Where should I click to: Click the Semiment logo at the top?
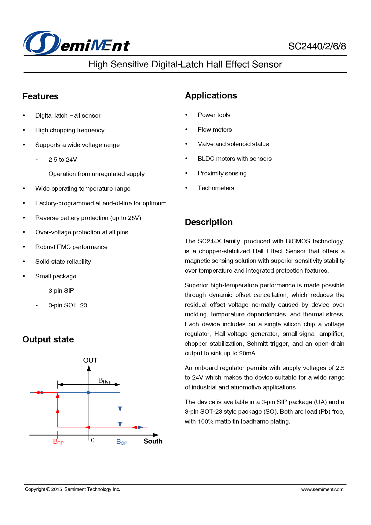pyautogui.click(x=77, y=43)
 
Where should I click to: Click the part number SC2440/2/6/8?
pyautogui.click(x=317, y=46)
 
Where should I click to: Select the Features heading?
pyautogui.click(x=40, y=96)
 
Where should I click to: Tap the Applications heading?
pyautogui.click(x=211, y=95)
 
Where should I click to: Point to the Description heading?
pyautogui.click(x=209, y=222)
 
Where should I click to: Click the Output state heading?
pyautogui.click(x=48, y=339)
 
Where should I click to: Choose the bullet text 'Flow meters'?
pyautogui.click(x=215, y=130)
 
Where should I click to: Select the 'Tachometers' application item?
pyautogui.click(x=216, y=188)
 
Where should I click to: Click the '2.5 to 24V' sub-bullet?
pyautogui.click(x=63, y=160)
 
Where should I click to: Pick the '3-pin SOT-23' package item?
pyautogui.click(x=68, y=305)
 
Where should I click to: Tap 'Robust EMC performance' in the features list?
pyautogui.click(x=71, y=247)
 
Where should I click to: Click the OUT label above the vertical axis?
pyautogui.click(x=90, y=360)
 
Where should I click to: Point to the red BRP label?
pyautogui.click(x=58, y=442)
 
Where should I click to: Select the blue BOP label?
pyautogui.click(x=121, y=442)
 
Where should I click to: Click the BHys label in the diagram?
pyautogui.click(x=104, y=381)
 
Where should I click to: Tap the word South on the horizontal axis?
pyautogui.click(x=153, y=441)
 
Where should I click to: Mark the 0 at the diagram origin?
pyautogui.click(x=93, y=440)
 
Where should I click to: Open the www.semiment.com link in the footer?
pyautogui.click(x=322, y=489)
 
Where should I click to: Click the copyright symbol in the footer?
pyautogui.click(x=48, y=489)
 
